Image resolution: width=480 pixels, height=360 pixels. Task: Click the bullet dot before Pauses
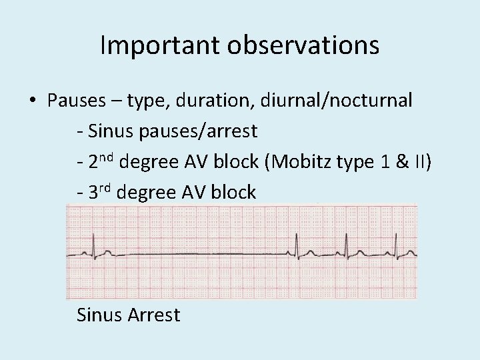pyautogui.click(x=33, y=101)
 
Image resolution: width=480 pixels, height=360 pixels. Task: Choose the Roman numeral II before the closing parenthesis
pyautogui.click(x=421, y=162)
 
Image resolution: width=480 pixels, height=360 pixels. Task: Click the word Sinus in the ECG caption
pyautogui.click(x=97, y=314)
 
